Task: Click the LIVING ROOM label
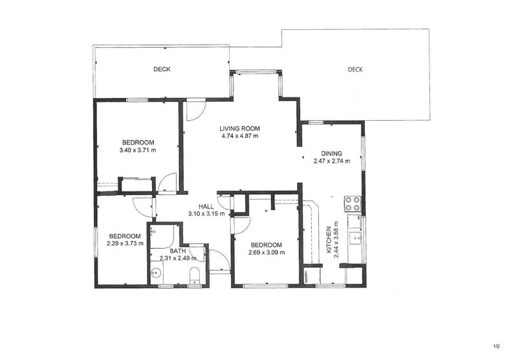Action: [240, 128]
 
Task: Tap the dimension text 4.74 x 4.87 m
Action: [240, 136]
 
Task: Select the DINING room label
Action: [331, 153]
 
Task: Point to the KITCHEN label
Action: [329, 240]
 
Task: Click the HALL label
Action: [206, 207]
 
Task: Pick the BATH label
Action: [178, 251]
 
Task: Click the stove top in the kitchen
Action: [352, 204]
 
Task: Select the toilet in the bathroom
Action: [195, 275]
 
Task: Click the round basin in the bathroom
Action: [157, 273]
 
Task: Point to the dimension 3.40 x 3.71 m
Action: [137, 150]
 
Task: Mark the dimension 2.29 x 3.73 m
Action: [125, 243]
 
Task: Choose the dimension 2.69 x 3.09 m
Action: [267, 253]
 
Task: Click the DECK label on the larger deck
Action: [355, 69]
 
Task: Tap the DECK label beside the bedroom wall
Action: [162, 69]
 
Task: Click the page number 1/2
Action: [497, 347]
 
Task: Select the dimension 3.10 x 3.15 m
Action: [206, 214]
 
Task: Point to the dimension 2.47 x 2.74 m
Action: [331, 161]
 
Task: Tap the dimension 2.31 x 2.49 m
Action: [178, 258]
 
